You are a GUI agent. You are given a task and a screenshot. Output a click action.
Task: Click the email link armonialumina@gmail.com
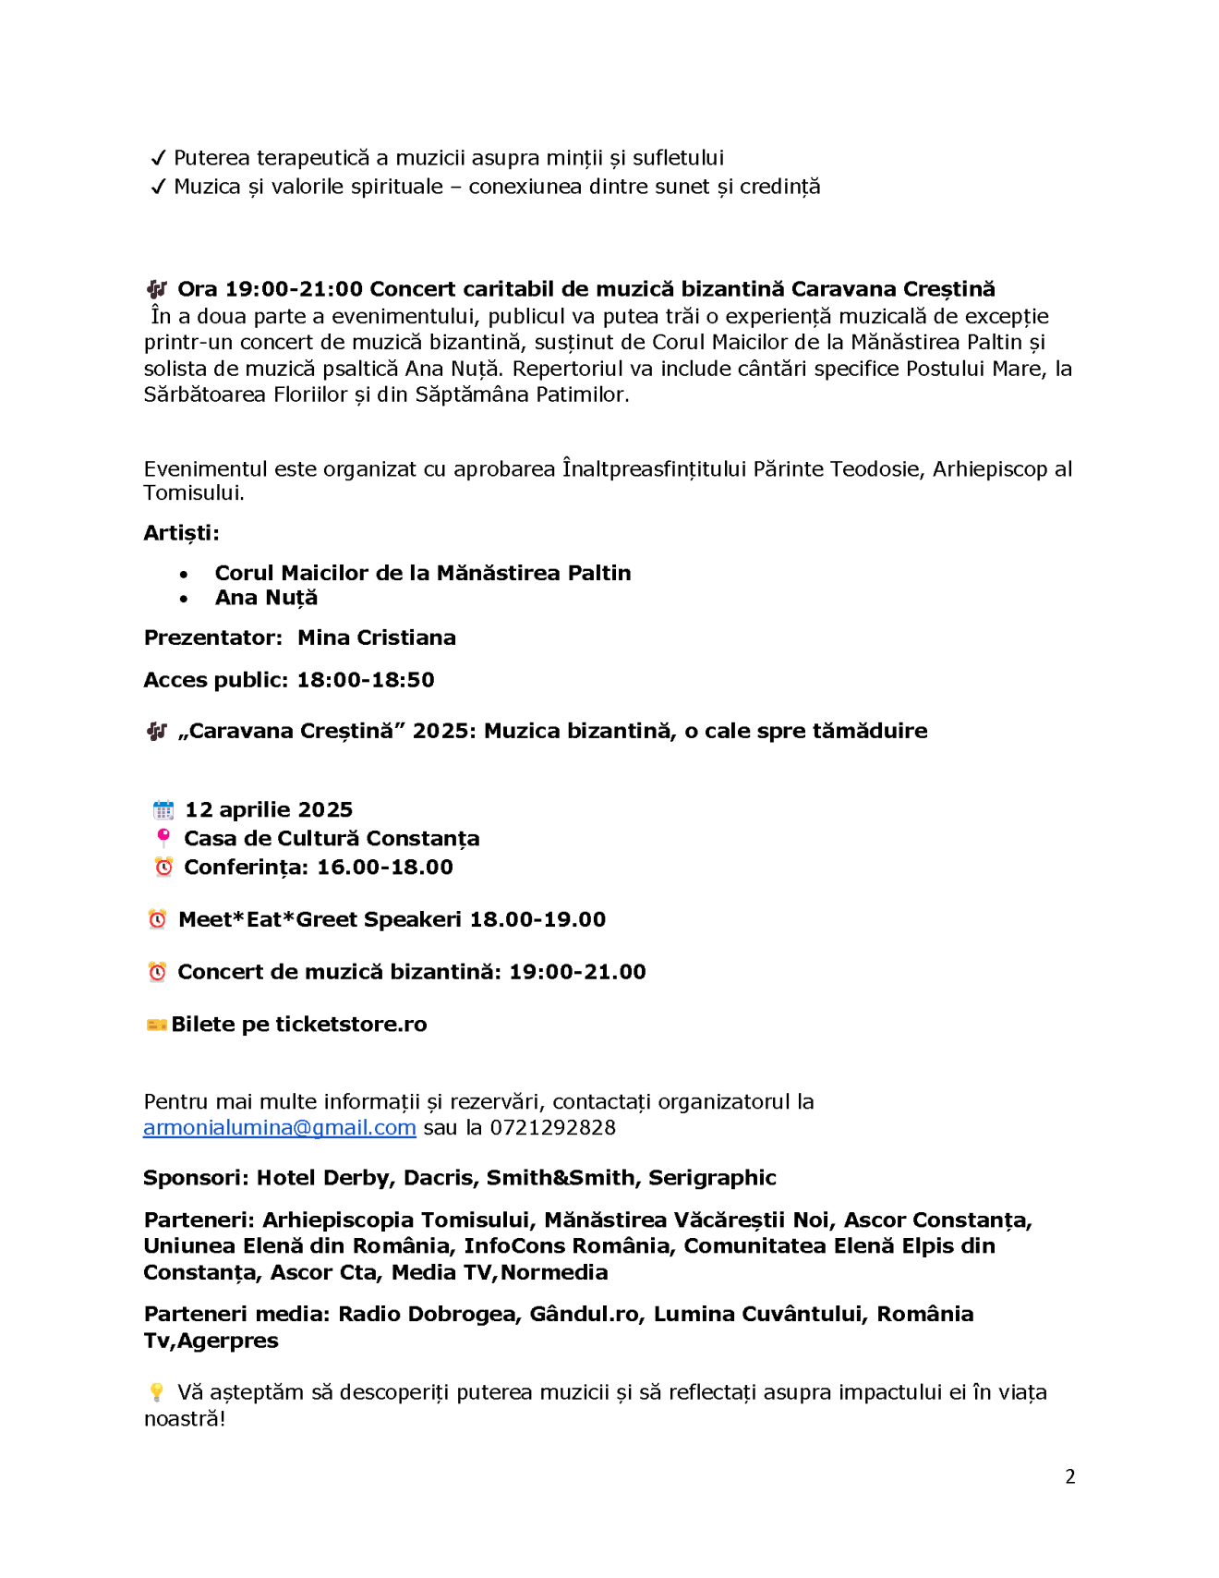(279, 1128)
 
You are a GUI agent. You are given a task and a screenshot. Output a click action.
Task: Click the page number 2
(1069, 1476)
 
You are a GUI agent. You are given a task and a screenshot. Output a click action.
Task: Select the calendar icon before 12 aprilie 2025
(163, 810)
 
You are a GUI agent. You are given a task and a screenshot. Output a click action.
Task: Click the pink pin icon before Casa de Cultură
(163, 838)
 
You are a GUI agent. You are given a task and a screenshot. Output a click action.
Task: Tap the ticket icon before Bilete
(156, 1025)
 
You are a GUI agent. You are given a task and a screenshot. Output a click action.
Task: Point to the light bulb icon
(156, 1392)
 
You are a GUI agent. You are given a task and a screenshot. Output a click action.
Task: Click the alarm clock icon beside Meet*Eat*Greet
(158, 919)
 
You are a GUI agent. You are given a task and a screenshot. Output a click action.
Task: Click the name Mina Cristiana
(376, 637)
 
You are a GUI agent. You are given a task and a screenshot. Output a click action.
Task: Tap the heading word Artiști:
(181, 533)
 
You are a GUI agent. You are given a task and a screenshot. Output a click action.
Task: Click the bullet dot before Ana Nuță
(184, 599)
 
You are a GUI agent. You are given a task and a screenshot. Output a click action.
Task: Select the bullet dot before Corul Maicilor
(184, 574)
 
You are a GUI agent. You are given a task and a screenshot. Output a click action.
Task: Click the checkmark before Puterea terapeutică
(158, 158)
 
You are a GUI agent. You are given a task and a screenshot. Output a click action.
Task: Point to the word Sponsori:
(196, 1178)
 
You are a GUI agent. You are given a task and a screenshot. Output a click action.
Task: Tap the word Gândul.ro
(585, 1315)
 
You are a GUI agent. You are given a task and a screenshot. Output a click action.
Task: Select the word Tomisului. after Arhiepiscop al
(194, 493)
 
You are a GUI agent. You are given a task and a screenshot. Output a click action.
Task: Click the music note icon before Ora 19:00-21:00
(157, 289)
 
